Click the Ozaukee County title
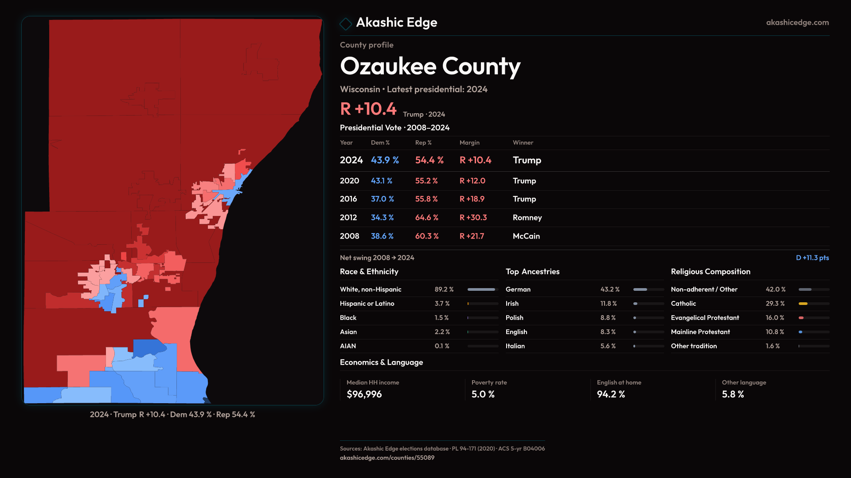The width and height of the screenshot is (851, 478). click(x=430, y=66)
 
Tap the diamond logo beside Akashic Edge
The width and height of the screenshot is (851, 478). click(x=346, y=23)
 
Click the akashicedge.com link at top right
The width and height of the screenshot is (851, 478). click(x=797, y=23)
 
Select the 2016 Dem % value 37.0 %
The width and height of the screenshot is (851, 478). click(x=382, y=199)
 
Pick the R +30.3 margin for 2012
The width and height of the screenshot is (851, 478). click(x=473, y=218)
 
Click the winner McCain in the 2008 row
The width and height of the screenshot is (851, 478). click(x=526, y=236)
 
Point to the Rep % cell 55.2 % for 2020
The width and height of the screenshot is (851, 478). click(x=426, y=181)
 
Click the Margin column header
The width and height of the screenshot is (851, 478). click(x=469, y=143)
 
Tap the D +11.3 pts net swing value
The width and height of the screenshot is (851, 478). click(x=812, y=258)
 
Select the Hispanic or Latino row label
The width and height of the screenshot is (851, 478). click(x=367, y=304)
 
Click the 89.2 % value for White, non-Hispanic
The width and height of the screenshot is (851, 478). click(x=444, y=289)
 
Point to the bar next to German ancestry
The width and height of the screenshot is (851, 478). click(x=648, y=289)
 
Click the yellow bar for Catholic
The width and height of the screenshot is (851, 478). click(x=803, y=304)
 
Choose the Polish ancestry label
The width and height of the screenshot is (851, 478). click(x=514, y=318)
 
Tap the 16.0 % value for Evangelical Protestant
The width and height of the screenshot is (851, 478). click(x=775, y=318)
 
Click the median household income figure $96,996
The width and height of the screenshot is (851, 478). click(x=364, y=394)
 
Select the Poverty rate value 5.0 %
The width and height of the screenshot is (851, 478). click(x=483, y=394)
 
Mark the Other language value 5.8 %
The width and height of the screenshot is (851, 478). click(x=733, y=394)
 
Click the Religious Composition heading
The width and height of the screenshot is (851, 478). click(x=710, y=272)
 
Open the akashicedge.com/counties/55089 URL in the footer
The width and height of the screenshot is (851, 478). click(x=387, y=458)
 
